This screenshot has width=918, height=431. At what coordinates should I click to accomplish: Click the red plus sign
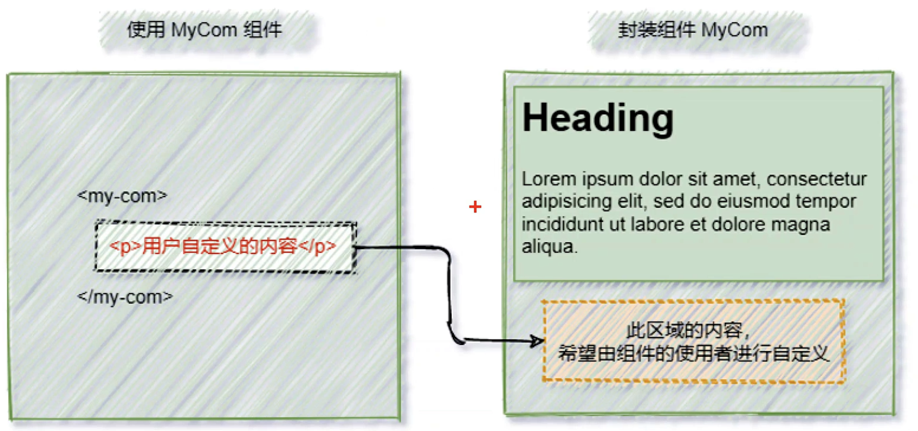(475, 207)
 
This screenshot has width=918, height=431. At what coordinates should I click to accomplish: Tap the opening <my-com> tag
(122, 196)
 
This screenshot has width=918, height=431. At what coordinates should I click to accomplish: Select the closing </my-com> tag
(125, 297)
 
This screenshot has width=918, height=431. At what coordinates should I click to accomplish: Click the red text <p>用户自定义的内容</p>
(223, 246)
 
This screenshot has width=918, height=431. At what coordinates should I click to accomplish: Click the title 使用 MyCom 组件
(205, 30)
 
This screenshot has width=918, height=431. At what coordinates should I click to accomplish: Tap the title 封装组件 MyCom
(692, 30)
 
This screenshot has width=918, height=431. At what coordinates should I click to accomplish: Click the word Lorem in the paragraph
(549, 179)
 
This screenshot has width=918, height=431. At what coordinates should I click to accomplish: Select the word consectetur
(817, 179)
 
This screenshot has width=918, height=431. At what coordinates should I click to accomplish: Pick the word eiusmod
(753, 202)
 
